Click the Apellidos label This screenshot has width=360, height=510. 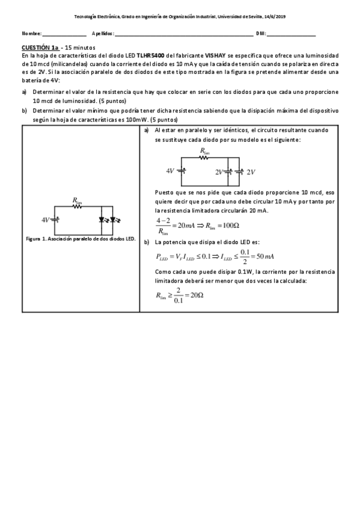102,33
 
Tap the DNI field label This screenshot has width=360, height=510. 260,33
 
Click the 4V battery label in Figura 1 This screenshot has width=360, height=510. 46,219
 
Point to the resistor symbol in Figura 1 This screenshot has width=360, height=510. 77,206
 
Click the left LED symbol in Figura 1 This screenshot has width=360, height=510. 103,219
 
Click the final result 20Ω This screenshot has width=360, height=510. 195,295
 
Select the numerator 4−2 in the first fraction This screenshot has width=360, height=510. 162,221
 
